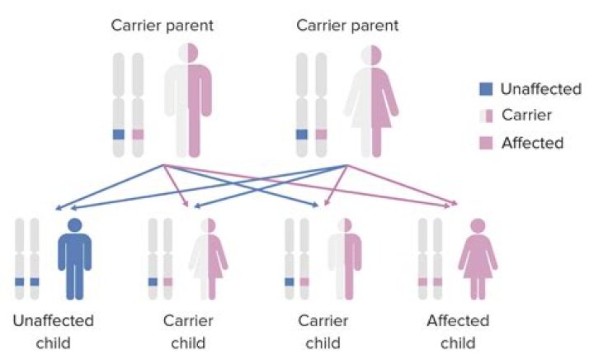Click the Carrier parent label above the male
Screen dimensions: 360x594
163,25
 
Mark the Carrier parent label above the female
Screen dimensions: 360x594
347,25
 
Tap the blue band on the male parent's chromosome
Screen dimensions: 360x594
119,134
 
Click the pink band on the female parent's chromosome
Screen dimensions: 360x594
321,134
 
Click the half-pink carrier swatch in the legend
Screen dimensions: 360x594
487,116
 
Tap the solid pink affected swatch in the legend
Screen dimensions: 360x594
487,143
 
